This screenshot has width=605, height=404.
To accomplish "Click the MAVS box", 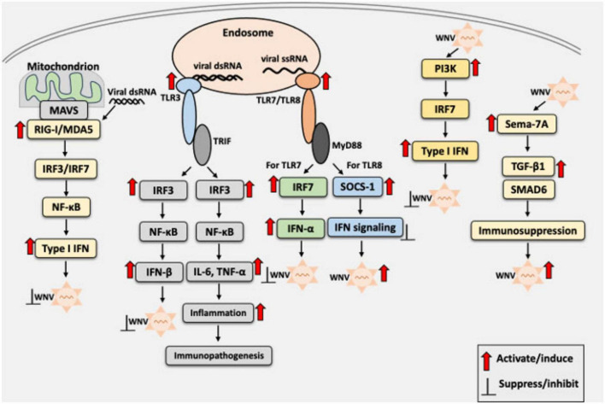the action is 64,111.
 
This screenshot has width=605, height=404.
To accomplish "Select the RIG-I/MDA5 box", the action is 64,129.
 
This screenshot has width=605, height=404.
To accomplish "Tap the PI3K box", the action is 446,68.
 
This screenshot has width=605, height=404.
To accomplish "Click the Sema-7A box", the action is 527,124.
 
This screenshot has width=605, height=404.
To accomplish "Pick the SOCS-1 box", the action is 358,187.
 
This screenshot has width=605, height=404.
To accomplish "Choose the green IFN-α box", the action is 301,229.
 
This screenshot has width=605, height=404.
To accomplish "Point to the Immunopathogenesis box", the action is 219,355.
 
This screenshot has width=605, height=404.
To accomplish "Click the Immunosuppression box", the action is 528,231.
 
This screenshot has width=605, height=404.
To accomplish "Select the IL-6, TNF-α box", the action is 219,272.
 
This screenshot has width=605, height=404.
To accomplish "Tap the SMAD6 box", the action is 529,190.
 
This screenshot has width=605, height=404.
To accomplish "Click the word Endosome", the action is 248,32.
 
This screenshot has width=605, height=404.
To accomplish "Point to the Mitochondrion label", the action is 63,67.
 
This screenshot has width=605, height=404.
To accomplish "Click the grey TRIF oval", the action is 203,144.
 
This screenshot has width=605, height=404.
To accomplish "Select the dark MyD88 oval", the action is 321,143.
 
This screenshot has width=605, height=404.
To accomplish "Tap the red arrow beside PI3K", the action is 476,67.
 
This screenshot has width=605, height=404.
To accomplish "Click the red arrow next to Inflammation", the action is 261,312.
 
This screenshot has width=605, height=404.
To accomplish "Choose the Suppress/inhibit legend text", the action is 538,384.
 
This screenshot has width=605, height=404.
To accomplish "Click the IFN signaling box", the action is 365,227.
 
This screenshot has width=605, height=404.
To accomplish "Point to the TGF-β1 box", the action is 528,167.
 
